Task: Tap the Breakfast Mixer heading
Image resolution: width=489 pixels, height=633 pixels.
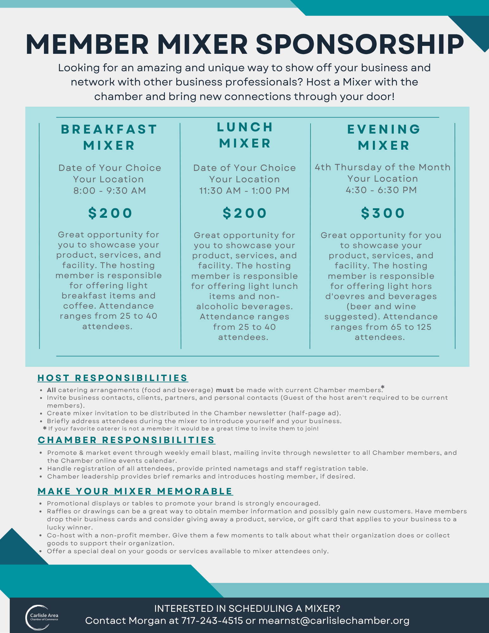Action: point(109,137)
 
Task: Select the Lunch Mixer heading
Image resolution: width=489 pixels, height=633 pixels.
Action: point(245,135)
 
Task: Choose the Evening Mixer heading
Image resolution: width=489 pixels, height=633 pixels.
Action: point(384,137)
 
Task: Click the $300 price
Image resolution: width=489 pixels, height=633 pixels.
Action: point(383,213)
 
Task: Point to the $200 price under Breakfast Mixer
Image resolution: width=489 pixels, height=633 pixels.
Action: point(110,213)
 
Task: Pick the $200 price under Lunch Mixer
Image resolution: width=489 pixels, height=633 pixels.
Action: point(245,213)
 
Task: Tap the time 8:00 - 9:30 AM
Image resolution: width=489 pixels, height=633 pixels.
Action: point(110,191)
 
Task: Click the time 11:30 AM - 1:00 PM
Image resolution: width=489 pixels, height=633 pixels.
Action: point(244,191)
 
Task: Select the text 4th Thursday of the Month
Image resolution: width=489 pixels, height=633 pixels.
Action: point(383,167)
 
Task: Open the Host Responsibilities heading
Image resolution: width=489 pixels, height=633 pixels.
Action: point(113,378)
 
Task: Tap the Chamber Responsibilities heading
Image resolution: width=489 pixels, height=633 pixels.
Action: point(126,440)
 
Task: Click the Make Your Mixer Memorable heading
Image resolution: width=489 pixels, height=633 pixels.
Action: point(135,491)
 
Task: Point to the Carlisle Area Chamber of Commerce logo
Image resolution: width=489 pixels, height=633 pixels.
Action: point(42,617)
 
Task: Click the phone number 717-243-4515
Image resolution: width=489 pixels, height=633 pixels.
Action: point(212,621)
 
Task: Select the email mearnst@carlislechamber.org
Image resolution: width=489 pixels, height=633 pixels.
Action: point(334,621)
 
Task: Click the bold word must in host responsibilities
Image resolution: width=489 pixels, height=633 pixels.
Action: point(224,390)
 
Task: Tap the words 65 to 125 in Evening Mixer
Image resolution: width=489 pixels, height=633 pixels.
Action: point(403,327)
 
